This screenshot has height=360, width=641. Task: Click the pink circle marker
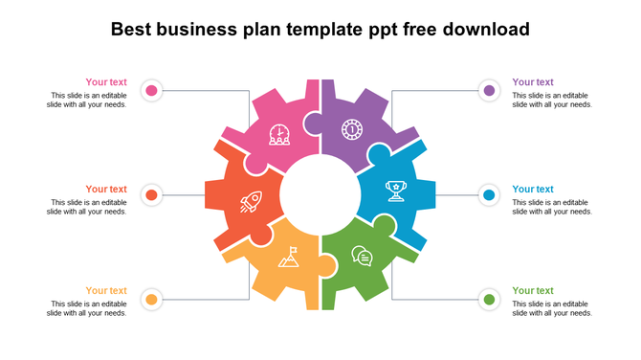(150, 91)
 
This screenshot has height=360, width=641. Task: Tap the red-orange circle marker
(150, 195)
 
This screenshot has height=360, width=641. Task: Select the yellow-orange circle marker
(150, 300)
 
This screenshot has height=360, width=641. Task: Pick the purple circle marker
(489, 91)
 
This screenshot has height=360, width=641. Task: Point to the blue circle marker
(489, 195)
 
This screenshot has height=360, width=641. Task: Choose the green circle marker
(489, 300)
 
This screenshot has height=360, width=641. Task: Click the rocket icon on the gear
(252, 201)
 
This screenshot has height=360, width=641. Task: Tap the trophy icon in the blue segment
(394, 191)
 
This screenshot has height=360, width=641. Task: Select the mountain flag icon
(289, 257)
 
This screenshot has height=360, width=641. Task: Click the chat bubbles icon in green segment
(362, 256)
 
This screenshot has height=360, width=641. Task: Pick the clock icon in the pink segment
(279, 135)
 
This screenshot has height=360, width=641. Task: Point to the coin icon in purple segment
(352, 128)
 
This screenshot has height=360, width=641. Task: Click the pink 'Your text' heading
(106, 82)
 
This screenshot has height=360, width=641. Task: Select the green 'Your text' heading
(533, 291)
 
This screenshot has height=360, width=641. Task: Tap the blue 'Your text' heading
(533, 190)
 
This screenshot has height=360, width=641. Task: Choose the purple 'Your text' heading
(533, 82)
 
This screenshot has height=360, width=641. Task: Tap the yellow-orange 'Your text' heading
(106, 291)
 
